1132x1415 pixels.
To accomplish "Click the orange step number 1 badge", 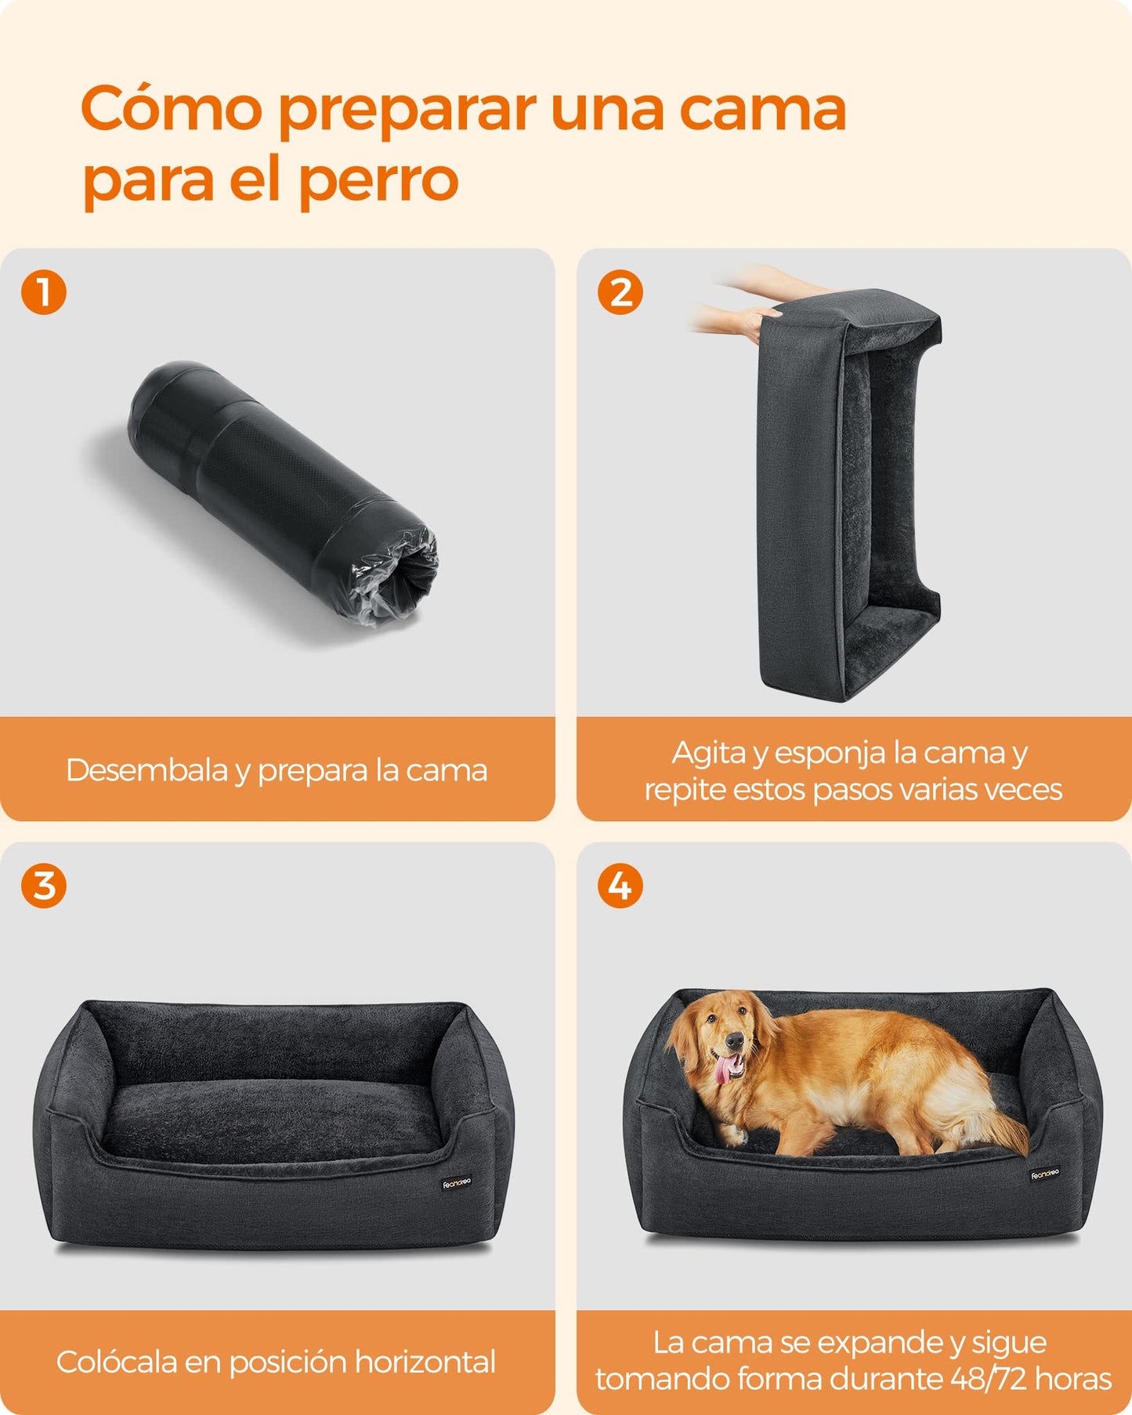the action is pos(44,292).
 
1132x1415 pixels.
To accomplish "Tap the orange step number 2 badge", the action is pos(620,292).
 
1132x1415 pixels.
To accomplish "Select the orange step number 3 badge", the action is pos(44,886).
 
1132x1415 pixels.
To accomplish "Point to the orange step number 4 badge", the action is pos(620,886).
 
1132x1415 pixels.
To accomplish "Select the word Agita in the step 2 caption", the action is pos(709,754).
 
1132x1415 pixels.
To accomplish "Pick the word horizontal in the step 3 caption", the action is pos(425,1362).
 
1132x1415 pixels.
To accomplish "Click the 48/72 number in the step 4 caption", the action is pos(989,1378).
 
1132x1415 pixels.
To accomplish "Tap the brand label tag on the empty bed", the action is pos(457,1183).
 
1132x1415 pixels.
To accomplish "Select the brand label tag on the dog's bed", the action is pos(1045,1174).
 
